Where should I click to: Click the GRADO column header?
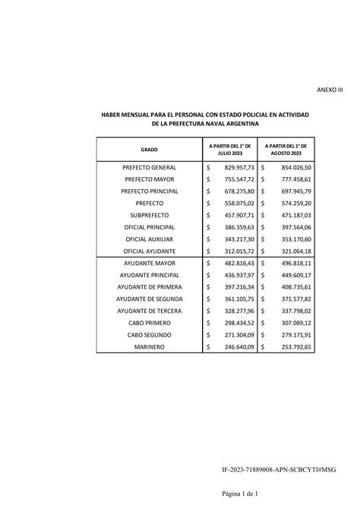[149, 150]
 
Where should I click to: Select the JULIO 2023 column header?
[230, 150]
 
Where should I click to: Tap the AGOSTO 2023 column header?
[286, 150]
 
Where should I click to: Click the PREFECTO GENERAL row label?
[150, 167]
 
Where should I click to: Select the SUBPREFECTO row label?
[150, 215]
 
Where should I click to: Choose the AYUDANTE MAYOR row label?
[150, 263]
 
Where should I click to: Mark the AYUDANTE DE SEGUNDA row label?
[150, 299]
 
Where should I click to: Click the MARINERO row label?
[150, 346]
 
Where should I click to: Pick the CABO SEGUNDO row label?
[150, 334]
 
